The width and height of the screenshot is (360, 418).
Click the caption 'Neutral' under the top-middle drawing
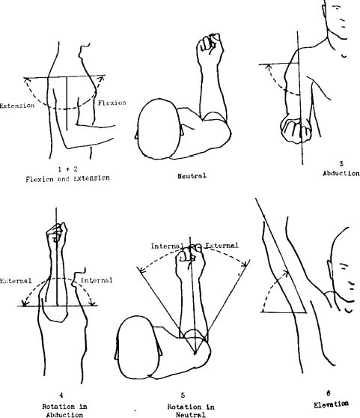tap(192, 176)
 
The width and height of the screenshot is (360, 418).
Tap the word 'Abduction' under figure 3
tap(341, 173)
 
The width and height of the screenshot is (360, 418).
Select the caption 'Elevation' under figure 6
tap(331, 405)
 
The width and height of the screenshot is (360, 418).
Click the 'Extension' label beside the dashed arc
tap(16, 106)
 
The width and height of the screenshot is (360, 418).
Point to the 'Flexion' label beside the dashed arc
tap(112, 103)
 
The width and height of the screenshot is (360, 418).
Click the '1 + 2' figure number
tap(68, 169)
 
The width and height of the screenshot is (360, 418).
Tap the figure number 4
tap(61, 395)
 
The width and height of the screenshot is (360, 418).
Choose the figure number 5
tap(183, 396)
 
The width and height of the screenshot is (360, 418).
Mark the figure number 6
tap(329, 393)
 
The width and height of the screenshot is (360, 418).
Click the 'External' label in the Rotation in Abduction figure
tap(16, 281)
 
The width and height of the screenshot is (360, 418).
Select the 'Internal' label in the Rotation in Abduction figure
tap(97, 280)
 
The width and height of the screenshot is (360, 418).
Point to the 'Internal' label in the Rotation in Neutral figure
tap(167, 246)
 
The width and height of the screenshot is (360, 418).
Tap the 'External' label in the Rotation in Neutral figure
tap(222, 246)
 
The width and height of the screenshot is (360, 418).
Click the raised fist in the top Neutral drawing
tap(210, 48)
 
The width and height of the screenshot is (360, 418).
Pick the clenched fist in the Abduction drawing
tap(296, 130)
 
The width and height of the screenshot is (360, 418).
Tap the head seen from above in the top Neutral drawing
tap(159, 129)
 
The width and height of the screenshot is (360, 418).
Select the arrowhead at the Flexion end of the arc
tap(101, 79)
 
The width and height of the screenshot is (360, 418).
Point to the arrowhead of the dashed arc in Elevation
tap(286, 273)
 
